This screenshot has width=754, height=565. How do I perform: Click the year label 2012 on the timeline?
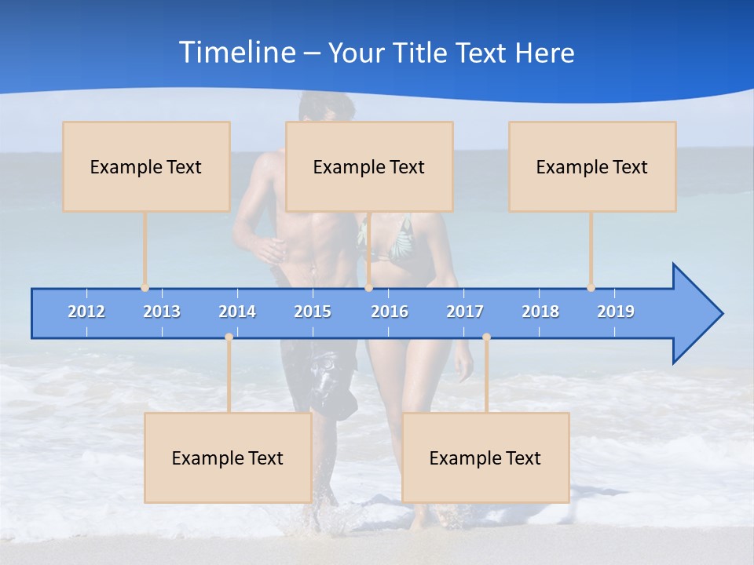coord(86,312)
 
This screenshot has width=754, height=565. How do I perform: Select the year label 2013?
coord(162,312)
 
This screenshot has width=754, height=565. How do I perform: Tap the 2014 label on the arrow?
coord(237,312)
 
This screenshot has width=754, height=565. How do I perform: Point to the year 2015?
coord(313,312)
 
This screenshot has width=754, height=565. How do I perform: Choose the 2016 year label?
coord(390,312)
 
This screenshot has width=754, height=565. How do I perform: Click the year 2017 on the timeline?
coord(465,312)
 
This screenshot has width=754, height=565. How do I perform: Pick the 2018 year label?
coord(540,312)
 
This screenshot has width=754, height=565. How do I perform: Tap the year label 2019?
coord(616,312)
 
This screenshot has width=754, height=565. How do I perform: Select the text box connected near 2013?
coord(146,166)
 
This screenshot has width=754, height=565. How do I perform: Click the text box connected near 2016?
coord(369,166)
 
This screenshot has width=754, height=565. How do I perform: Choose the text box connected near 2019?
coord(592,166)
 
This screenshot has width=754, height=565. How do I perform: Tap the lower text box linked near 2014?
coord(228,457)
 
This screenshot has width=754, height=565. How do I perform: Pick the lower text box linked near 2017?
coord(485,457)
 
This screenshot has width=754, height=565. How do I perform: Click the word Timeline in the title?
coord(236,53)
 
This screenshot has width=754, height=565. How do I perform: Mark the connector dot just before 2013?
coord(145,288)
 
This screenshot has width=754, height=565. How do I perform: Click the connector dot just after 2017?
coord(486,337)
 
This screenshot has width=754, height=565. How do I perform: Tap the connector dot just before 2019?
coord(591,288)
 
